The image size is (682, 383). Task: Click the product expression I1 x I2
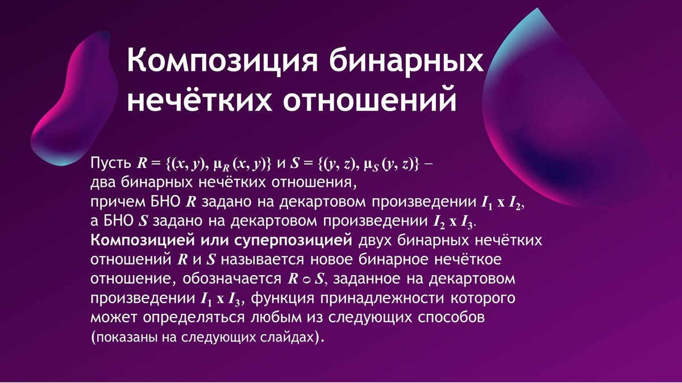[x=501, y=203]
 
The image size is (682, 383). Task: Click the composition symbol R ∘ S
[x=306, y=279]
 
